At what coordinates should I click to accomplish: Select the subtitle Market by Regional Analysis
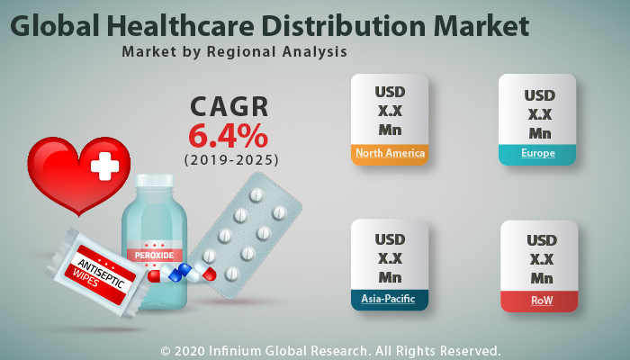pyautogui.click(x=234, y=52)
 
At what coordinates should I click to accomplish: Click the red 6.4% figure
pyautogui.click(x=228, y=136)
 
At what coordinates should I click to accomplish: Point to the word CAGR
pyautogui.click(x=229, y=107)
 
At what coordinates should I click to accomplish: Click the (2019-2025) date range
pyautogui.click(x=231, y=159)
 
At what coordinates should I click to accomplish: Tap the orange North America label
pyautogui.click(x=390, y=153)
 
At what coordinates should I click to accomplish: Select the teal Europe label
pyautogui.click(x=537, y=154)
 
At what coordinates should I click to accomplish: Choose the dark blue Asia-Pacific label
pyautogui.click(x=390, y=298)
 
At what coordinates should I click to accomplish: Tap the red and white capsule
pyautogui.click(x=203, y=271)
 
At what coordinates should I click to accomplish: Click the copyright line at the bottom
pyautogui.click(x=330, y=349)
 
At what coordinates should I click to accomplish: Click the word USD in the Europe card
pyautogui.click(x=539, y=95)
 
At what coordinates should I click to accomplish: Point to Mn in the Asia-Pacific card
pyautogui.click(x=390, y=277)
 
